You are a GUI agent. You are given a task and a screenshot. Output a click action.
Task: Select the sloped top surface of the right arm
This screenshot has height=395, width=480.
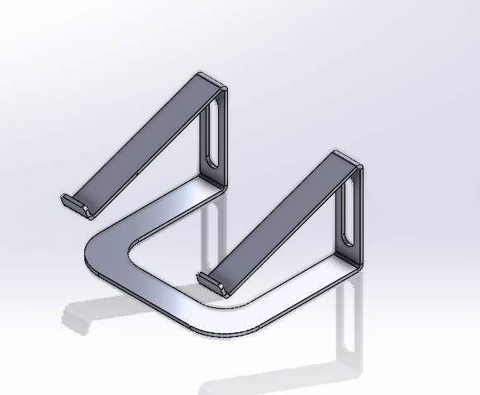tap(281, 219)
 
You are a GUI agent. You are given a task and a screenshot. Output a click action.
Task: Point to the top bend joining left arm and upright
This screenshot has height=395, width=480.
tap(212, 80)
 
